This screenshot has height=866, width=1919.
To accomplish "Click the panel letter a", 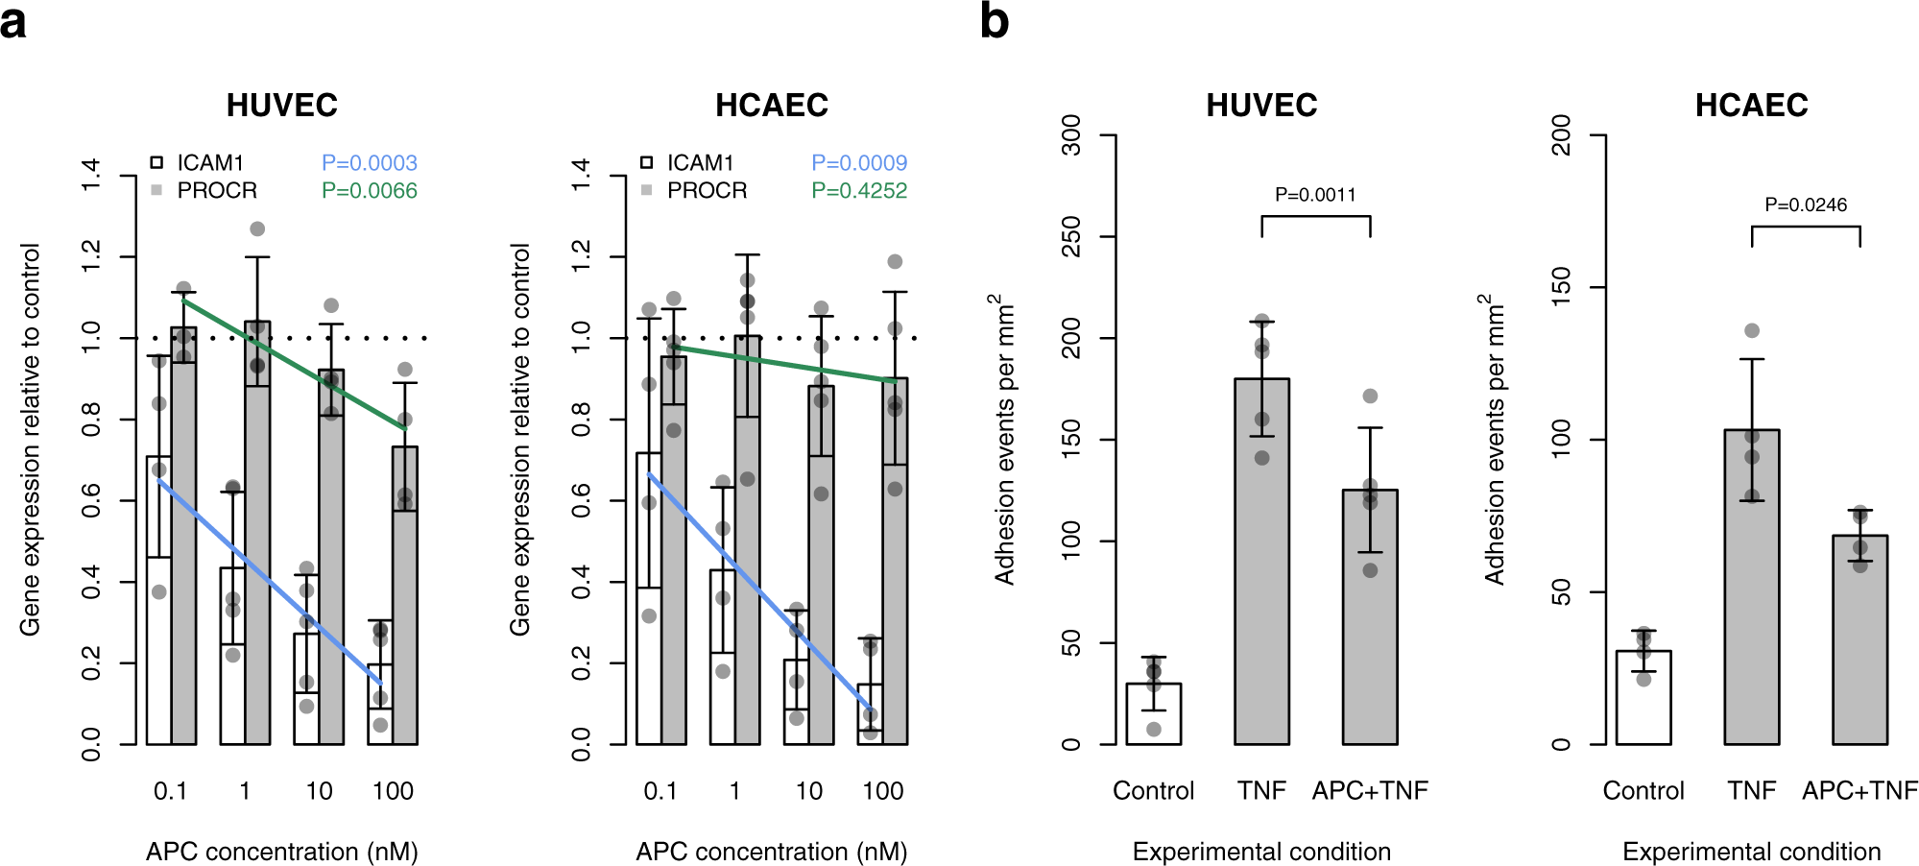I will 13,22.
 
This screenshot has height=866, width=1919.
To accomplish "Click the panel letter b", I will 994,21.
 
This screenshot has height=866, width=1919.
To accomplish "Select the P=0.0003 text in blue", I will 369,163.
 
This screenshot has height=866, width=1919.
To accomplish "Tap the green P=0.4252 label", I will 859,191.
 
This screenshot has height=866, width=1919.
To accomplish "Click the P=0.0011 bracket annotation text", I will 1315,195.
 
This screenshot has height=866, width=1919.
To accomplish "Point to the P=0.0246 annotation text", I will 1805,204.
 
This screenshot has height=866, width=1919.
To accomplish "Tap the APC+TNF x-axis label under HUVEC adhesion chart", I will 1370,791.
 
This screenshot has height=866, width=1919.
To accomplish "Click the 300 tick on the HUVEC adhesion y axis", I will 1071,135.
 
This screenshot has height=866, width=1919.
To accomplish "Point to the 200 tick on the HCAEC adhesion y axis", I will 1562,135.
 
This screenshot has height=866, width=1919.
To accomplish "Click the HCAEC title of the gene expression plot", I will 772,105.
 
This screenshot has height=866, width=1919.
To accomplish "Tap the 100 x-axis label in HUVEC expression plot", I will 393,791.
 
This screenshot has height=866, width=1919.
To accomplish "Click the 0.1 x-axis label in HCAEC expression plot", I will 660,791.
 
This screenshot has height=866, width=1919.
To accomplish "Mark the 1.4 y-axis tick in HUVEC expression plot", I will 91,176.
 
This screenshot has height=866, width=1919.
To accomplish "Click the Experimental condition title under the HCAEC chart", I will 1751,852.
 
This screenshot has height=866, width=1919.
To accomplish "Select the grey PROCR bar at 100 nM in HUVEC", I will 405,595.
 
